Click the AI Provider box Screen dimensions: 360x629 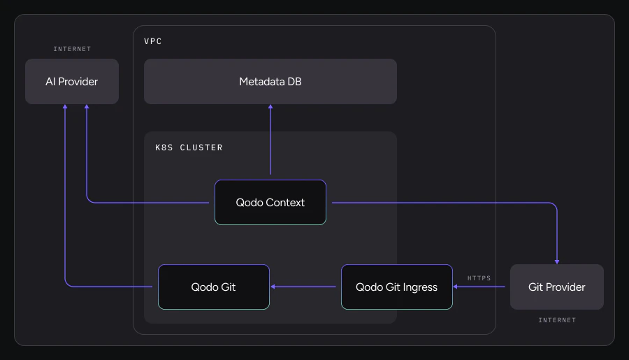click(x=72, y=82)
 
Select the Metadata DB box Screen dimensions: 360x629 click(x=270, y=82)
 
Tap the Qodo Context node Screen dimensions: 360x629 click(x=270, y=203)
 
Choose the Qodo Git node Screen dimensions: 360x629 click(x=214, y=287)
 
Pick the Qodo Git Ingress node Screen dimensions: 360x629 click(x=396, y=287)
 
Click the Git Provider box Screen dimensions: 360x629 click(x=556, y=287)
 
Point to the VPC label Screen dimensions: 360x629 click(x=153, y=41)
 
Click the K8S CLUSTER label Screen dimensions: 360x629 click(x=189, y=147)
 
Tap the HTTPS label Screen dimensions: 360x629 click(x=479, y=278)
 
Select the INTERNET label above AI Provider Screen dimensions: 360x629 click(x=72, y=49)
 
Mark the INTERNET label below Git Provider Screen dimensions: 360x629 click(x=557, y=320)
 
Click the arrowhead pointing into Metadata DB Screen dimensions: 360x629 click(x=270, y=108)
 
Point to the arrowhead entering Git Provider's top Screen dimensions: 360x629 click(x=557, y=261)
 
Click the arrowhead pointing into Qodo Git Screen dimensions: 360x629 click(x=274, y=287)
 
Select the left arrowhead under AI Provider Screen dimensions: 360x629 click(x=65, y=108)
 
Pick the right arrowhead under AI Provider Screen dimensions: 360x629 click(x=87, y=108)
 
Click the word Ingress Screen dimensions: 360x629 click(x=419, y=287)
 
